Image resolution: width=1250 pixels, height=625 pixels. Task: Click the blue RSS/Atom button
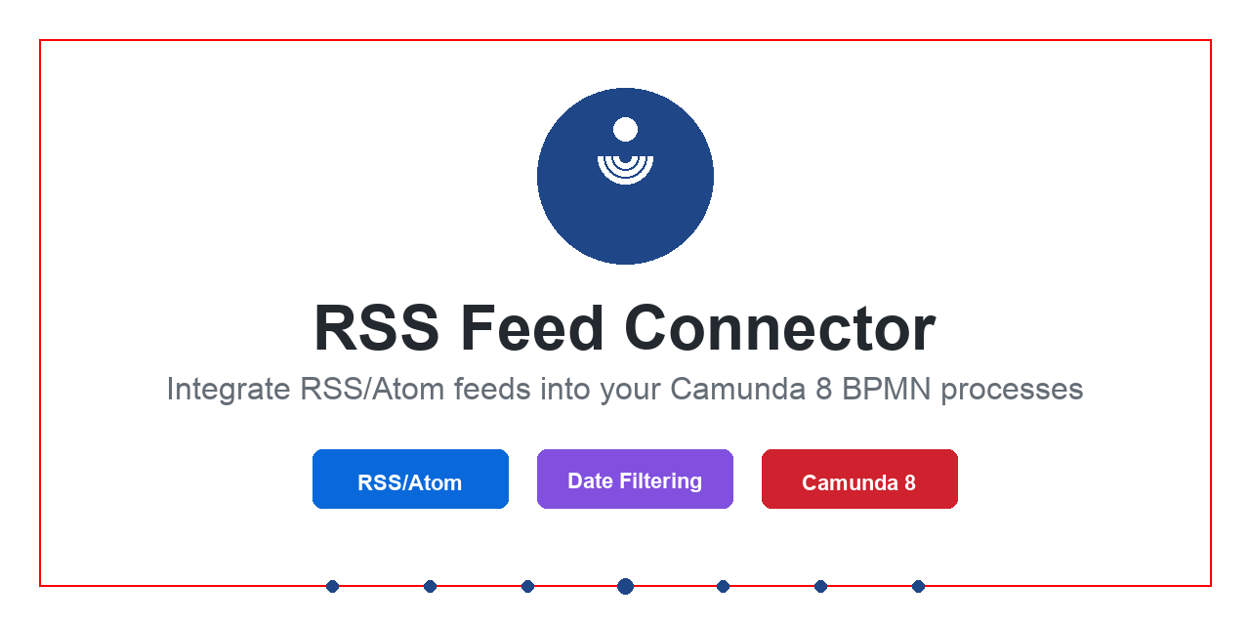coord(410,479)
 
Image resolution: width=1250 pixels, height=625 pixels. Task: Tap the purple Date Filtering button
coord(635,479)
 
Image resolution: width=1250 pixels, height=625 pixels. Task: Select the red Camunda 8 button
coord(859,479)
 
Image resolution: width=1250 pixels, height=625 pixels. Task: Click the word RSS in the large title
coord(376,328)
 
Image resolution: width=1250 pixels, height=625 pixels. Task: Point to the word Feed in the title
coord(531,328)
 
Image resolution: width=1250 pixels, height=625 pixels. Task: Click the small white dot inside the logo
coord(625,129)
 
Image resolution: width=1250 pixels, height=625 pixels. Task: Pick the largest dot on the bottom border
coord(625,586)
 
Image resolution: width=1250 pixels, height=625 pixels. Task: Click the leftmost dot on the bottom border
coord(332,586)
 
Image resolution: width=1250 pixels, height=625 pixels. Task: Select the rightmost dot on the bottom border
coord(918,586)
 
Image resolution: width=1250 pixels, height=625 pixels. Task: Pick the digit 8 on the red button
coord(909,482)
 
